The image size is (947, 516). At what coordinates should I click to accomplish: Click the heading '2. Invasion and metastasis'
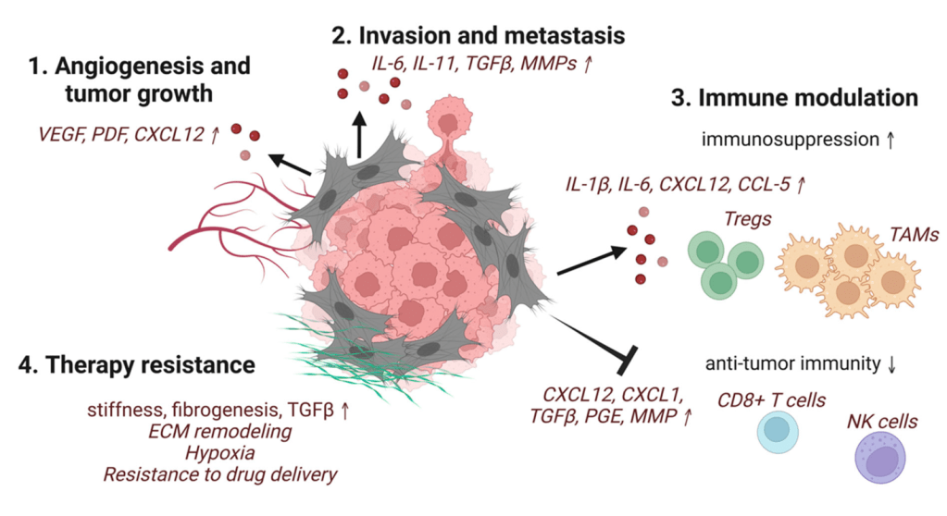479,35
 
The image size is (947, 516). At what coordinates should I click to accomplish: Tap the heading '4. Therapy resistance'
136,364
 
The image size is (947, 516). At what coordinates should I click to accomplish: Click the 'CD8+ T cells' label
772,400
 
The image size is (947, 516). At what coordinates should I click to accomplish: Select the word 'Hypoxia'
220,453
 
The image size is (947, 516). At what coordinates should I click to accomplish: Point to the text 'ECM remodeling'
220,431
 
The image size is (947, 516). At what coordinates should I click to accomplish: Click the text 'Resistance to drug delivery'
220,475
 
